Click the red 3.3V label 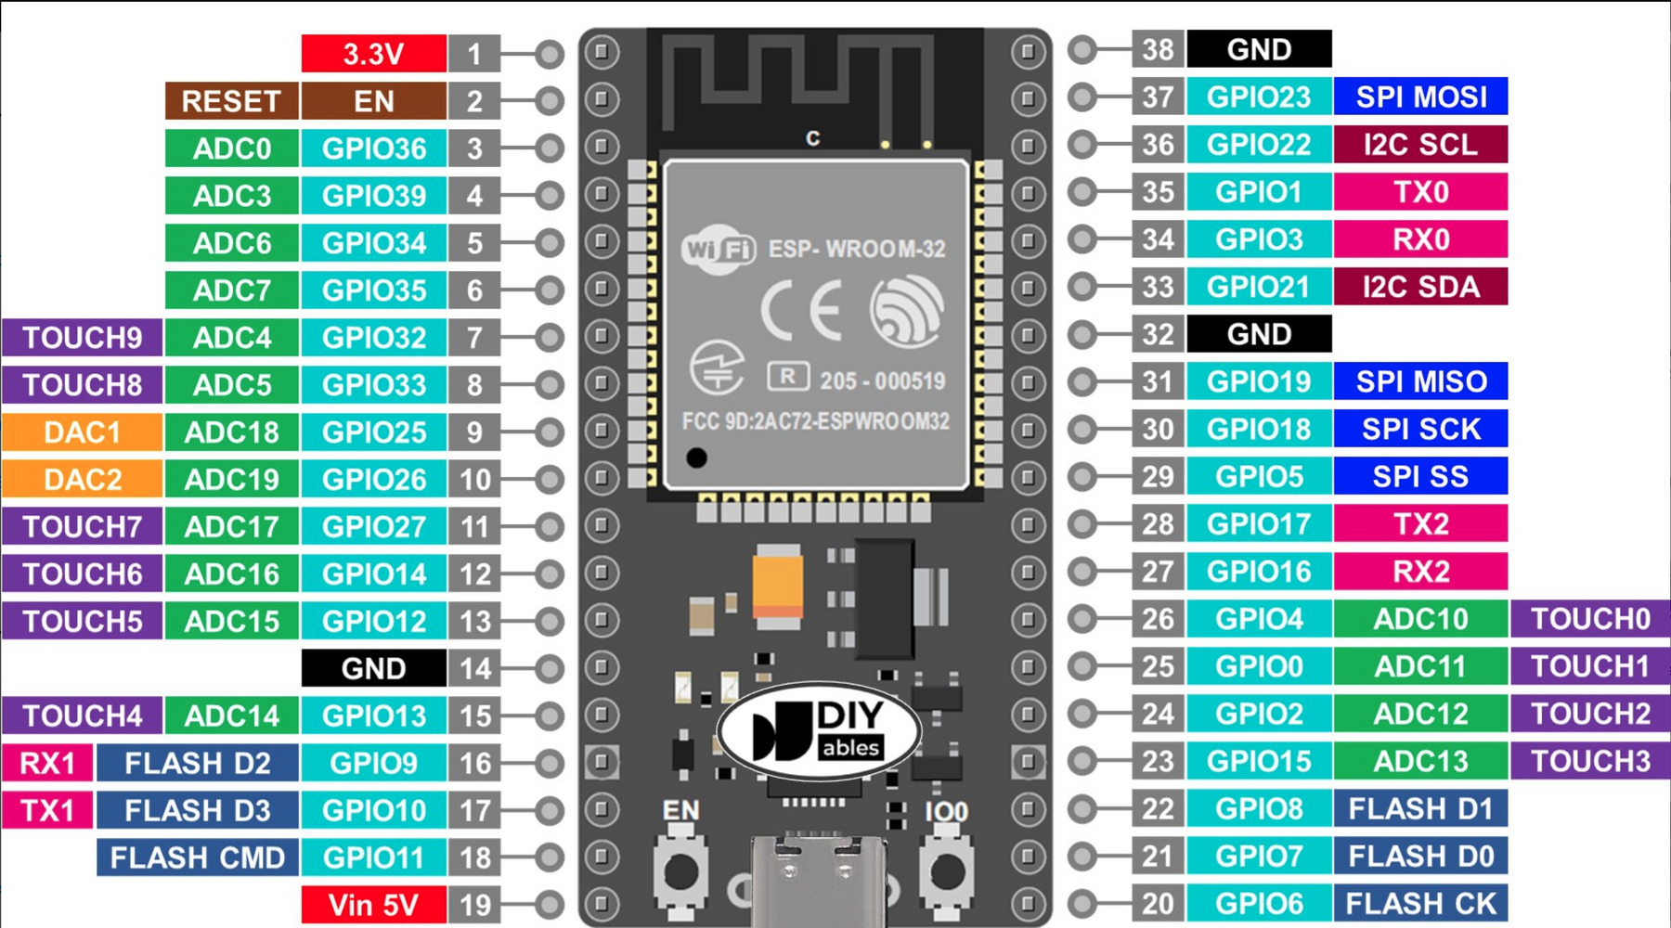(x=373, y=54)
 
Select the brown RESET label (x=231, y=101)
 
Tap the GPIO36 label (x=373, y=148)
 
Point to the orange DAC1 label (x=82, y=432)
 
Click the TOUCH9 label (x=82, y=338)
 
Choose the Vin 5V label (x=373, y=905)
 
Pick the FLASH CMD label (x=197, y=857)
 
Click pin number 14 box (x=474, y=669)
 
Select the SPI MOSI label (x=1420, y=97)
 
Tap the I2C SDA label (x=1420, y=287)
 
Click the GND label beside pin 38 (x=1259, y=49)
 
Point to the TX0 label (x=1420, y=192)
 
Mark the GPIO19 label (x=1259, y=381)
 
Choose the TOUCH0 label (x=1590, y=619)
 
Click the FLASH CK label (x=1420, y=903)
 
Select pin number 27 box (x=1158, y=572)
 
